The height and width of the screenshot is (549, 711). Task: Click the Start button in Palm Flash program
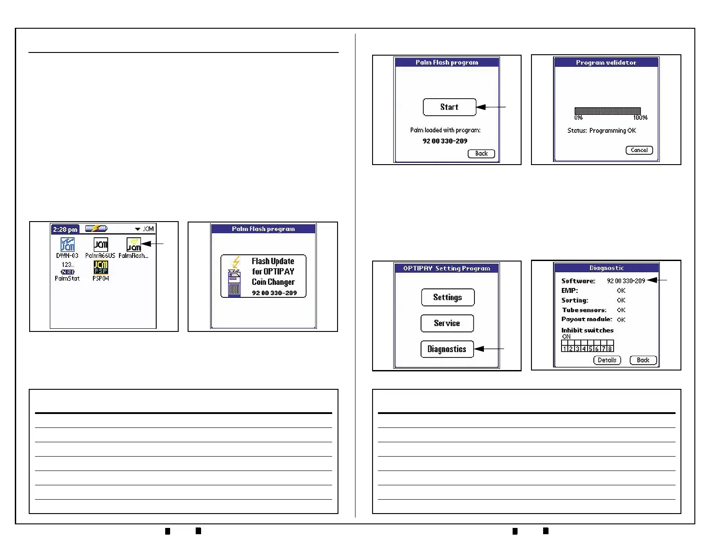pos(449,107)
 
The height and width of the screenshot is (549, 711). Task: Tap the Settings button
pos(448,297)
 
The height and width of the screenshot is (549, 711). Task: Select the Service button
pos(447,323)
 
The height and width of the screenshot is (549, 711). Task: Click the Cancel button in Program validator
pos(639,150)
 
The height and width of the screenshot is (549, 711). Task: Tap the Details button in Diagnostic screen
pos(607,360)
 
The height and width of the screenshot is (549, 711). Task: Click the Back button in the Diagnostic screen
pos(643,360)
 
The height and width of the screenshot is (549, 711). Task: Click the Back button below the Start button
pos(481,154)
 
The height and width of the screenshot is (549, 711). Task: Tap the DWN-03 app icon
pos(68,245)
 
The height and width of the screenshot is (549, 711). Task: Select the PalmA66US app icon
pos(101,245)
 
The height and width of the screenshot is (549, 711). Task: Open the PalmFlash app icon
pos(134,245)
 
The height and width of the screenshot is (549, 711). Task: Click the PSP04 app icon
pos(101,268)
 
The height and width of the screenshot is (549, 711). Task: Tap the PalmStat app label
pos(67,279)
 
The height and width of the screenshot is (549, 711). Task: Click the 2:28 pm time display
pos(66,230)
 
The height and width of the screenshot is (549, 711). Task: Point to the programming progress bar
pos(607,111)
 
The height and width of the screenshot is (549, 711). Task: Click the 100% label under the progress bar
pos(640,118)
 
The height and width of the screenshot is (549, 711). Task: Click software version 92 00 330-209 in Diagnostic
pos(626,281)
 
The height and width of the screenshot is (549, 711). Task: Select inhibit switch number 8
pos(610,349)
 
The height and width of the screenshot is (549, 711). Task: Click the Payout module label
pos(587,319)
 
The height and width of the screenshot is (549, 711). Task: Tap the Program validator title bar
pos(606,63)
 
